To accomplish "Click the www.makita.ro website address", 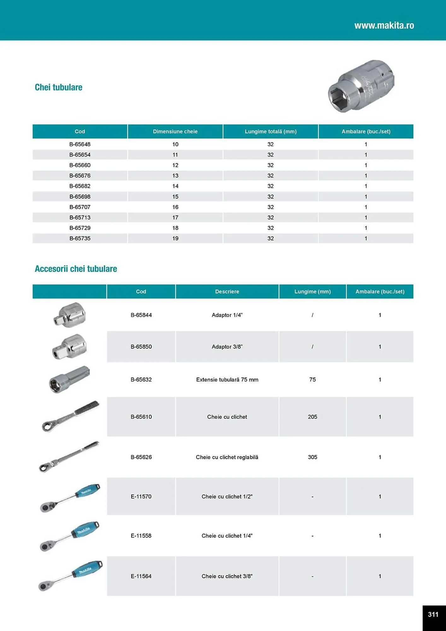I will [384, 25].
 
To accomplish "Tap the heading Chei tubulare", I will [58, 87].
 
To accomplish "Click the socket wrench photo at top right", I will [361, 86].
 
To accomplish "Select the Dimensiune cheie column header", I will [175, 132].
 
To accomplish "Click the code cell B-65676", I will [80, 176].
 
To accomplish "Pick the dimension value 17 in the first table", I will [175, 218].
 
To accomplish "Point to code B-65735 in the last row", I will [80, 239].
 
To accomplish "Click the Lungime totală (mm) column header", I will [270, 132].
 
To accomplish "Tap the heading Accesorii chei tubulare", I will [76, 269].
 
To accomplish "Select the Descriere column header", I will [227, 292].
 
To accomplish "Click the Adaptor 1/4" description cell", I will [227, 315].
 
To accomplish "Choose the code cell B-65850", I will [141, 347].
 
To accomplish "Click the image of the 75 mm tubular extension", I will [69, 380].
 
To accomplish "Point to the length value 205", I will [312, 417].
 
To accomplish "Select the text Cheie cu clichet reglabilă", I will [227, 457].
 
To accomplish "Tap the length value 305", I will [312, 457].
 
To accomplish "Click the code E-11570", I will [141, 497].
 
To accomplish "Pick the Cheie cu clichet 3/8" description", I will [227, 576].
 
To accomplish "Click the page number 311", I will [433, 614].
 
